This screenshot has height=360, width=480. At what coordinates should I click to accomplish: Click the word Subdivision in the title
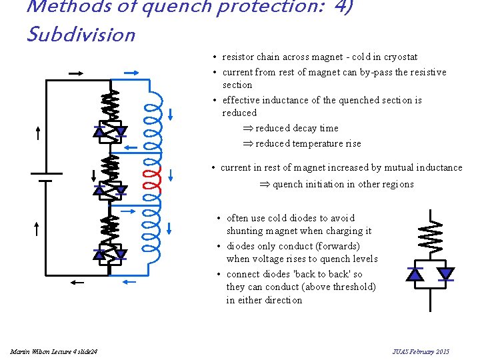pos(81,34)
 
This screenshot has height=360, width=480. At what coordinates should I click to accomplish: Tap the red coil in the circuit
pos(153,176)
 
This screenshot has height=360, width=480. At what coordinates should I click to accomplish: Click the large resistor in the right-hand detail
pos(430,231)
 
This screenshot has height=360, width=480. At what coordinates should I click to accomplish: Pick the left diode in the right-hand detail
pos(415,273)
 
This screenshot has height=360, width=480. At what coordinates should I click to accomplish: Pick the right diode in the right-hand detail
pos(445,273)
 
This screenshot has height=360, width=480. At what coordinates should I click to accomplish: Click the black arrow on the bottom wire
pos(78,283)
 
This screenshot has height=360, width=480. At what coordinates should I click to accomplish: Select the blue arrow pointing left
pos(131,149)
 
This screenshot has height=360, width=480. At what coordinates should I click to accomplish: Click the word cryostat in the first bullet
pos(400,57)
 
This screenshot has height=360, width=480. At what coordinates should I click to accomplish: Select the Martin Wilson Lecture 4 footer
pos(53,351)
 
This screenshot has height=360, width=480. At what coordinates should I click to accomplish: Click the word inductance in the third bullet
pos(297,100)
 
